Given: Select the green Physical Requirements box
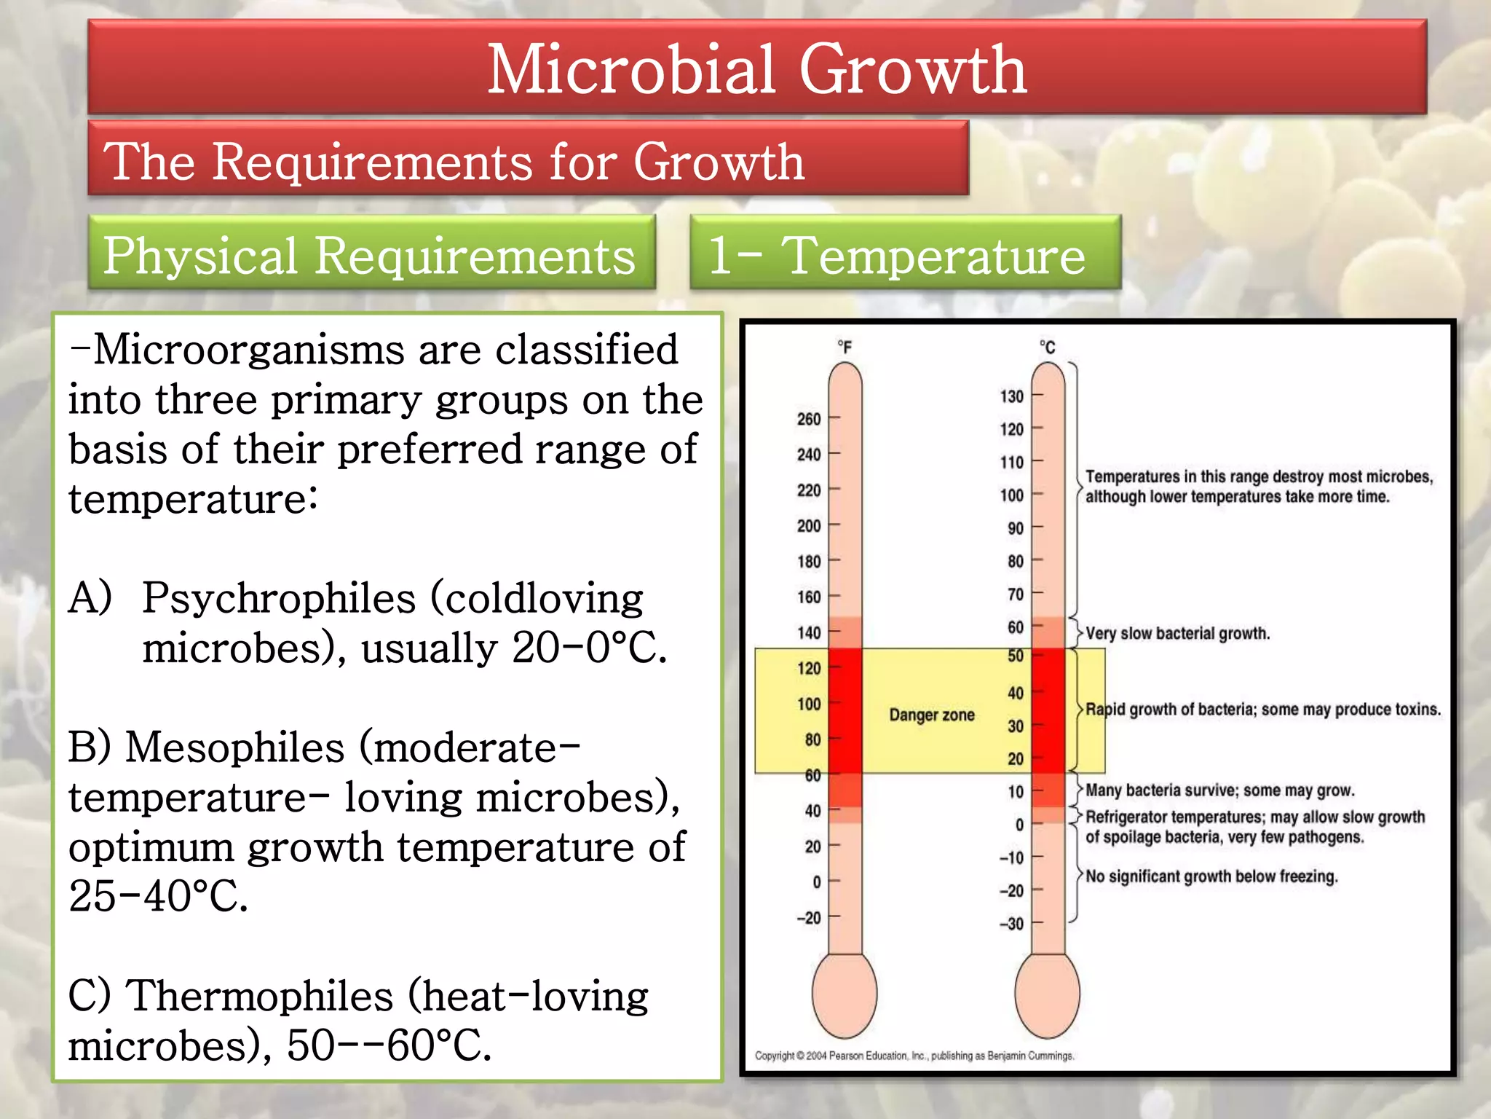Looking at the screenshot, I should point(371,253).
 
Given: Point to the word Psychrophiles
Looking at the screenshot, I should point(279,599).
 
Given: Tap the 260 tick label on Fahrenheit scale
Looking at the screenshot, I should point(808,419).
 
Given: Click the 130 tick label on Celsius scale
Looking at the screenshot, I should point(1011,396).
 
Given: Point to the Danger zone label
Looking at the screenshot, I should point(931,715).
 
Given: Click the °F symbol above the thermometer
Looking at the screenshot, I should point(844,347).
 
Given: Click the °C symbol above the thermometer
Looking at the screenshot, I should point(1047,347).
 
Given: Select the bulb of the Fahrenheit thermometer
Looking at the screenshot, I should point(845,994).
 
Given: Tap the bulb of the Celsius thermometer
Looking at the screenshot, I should point(1047,994).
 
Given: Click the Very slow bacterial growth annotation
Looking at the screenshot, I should point(1177,633).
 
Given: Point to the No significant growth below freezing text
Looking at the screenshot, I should point(1211,876).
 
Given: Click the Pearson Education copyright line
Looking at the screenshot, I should point(914,1055).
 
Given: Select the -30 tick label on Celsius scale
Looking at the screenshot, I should point(1011,924).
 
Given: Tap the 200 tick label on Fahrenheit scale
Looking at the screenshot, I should point(808,525).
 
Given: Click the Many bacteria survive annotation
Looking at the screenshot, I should point(1219,790).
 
